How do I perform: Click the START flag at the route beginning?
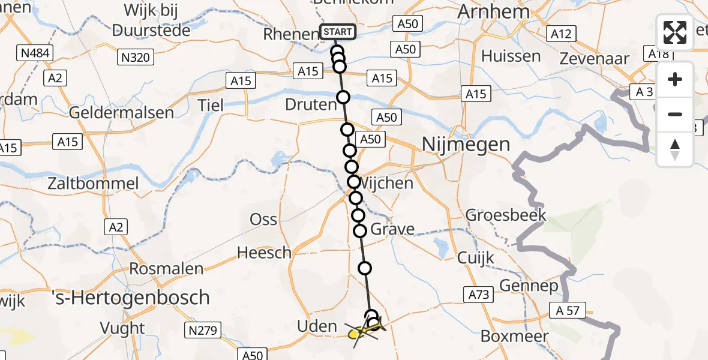coord(338,32)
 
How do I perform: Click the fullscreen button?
coord(675,33)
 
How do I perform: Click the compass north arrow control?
coord(675,149)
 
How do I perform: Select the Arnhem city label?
coord(494,11)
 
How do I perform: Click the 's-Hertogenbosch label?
coord(131,297)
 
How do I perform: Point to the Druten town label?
coord(311,105)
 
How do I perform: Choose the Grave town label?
coord(392,229)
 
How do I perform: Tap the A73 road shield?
coord(478,294)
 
